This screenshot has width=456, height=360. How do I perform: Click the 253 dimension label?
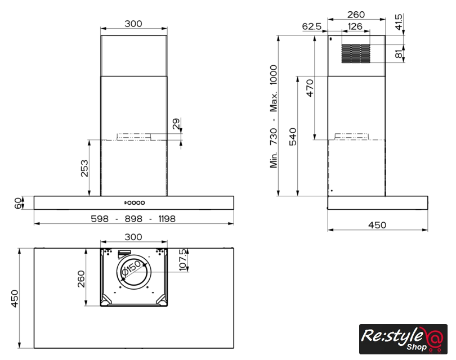84,168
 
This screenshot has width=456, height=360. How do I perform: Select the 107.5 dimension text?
183,260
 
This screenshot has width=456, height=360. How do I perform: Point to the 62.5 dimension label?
312,26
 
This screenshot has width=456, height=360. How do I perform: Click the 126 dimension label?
355,26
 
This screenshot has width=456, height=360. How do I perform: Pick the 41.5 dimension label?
399,22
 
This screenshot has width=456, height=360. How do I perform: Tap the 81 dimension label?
399,54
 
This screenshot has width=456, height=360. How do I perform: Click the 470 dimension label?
310,88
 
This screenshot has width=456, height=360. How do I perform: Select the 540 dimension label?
293,137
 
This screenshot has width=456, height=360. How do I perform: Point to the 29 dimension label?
176,124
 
